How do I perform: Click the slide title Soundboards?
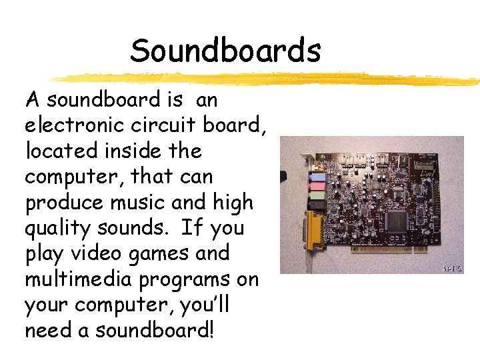(225, 51)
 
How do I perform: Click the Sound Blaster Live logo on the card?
(427, 167)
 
